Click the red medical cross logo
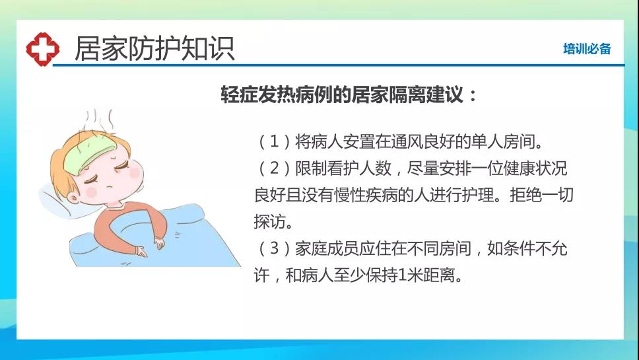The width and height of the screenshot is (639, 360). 43,50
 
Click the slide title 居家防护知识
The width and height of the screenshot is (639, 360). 154,49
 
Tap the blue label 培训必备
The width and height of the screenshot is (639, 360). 587,49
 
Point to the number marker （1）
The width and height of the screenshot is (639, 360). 274,141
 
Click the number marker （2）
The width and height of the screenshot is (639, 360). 274,168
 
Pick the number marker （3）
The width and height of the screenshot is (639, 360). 274,248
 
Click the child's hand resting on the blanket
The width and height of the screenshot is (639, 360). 159,243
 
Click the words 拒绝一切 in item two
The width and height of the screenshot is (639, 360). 541,195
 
